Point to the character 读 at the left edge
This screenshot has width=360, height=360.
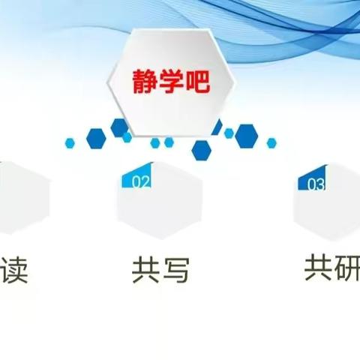tap(13, 268)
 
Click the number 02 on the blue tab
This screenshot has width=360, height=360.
tap(141, 181)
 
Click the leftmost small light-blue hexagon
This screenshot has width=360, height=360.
tap(70, 141)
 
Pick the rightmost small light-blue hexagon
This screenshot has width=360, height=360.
tap(271, 142)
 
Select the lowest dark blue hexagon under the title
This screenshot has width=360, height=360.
tap(201, 149)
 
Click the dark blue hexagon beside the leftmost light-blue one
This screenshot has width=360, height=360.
tap(95, 138)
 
